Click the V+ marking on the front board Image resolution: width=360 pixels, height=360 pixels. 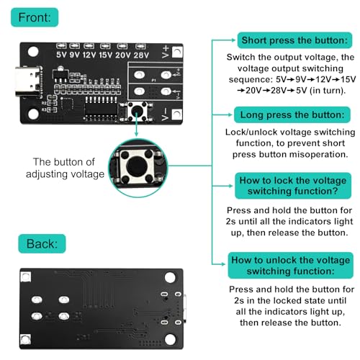point(169,50)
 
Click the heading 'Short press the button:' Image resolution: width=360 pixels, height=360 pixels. point(286,40)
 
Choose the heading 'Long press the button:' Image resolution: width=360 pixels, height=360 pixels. point(286,114)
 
